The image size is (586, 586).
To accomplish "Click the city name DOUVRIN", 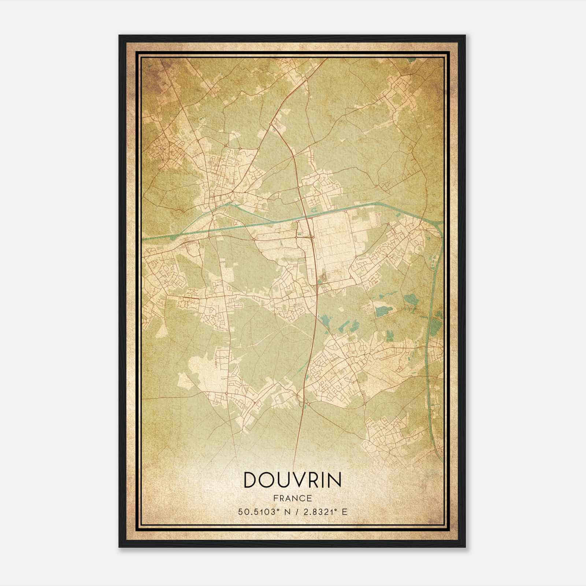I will point(292,480).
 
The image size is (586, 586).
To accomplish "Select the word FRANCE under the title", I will point(292,498).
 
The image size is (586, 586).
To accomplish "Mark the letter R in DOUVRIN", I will point(312,480).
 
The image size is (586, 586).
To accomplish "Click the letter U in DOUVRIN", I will point(283,480).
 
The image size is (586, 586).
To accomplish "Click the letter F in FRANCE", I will point(275,498).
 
